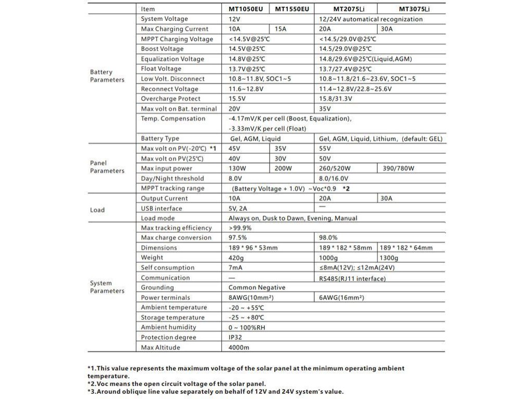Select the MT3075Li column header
tap(414, 9)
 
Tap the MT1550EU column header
tap(292, 9)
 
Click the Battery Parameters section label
tap(107, 76)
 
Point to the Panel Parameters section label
tap(107, 167)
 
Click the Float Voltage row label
tap(161, 69)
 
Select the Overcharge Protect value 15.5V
tap(237, 99)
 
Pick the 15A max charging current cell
tap(281, 29)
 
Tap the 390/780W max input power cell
tap(398, 168)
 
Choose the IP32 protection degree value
tap(235, 337)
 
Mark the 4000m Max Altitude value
tap(239, 347)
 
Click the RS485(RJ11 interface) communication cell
tap(352, 278)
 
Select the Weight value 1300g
tap(389, 258)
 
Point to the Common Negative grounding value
tap(257, 287)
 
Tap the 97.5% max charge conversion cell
tap(238, 237)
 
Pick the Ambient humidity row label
tap(168, 327)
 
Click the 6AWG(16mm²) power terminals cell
tap(341, 298)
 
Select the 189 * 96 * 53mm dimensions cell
tap(253, 248)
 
